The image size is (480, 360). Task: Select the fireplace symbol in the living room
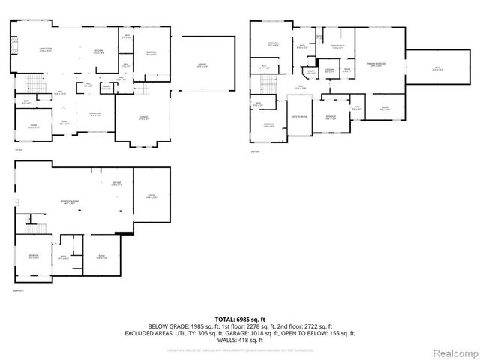pyautogui.click(x=16, y=48)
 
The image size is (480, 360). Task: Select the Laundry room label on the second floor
pyautogui.click(x=331, y=71)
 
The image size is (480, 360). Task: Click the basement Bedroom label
pyautogui.click(x=34, y=256)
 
